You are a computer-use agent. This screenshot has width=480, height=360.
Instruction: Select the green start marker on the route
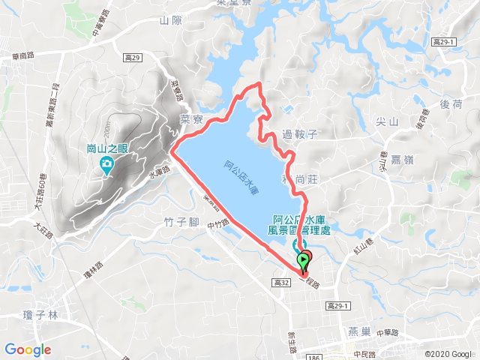pos(303,262)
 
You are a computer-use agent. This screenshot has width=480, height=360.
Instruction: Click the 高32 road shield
pos(281,282)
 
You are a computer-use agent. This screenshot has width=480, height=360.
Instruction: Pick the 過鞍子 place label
pos(301,135)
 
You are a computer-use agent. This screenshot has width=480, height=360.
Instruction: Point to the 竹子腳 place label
pos(180,222)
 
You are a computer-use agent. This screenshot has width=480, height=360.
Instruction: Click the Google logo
pos(27,349)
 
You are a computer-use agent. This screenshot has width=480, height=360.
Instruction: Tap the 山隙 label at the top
pos(171,21)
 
